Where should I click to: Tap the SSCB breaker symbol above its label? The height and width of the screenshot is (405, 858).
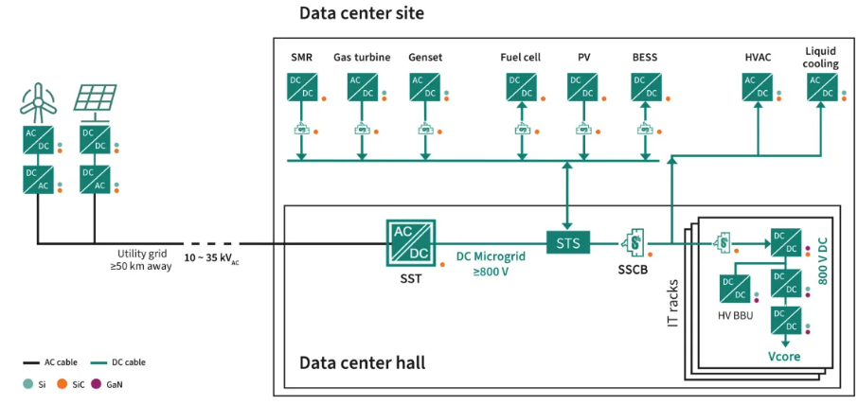[631, 243]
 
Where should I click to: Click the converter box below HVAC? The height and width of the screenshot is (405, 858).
[758, 87]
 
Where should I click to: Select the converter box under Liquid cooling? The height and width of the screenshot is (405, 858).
[821, 87]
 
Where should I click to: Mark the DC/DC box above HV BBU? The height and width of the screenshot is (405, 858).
[736, 287]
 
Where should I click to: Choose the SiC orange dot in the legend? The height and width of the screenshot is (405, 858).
[62, 385]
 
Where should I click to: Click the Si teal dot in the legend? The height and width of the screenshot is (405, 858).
[27, 385]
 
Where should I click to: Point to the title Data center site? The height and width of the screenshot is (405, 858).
[361, 13]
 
